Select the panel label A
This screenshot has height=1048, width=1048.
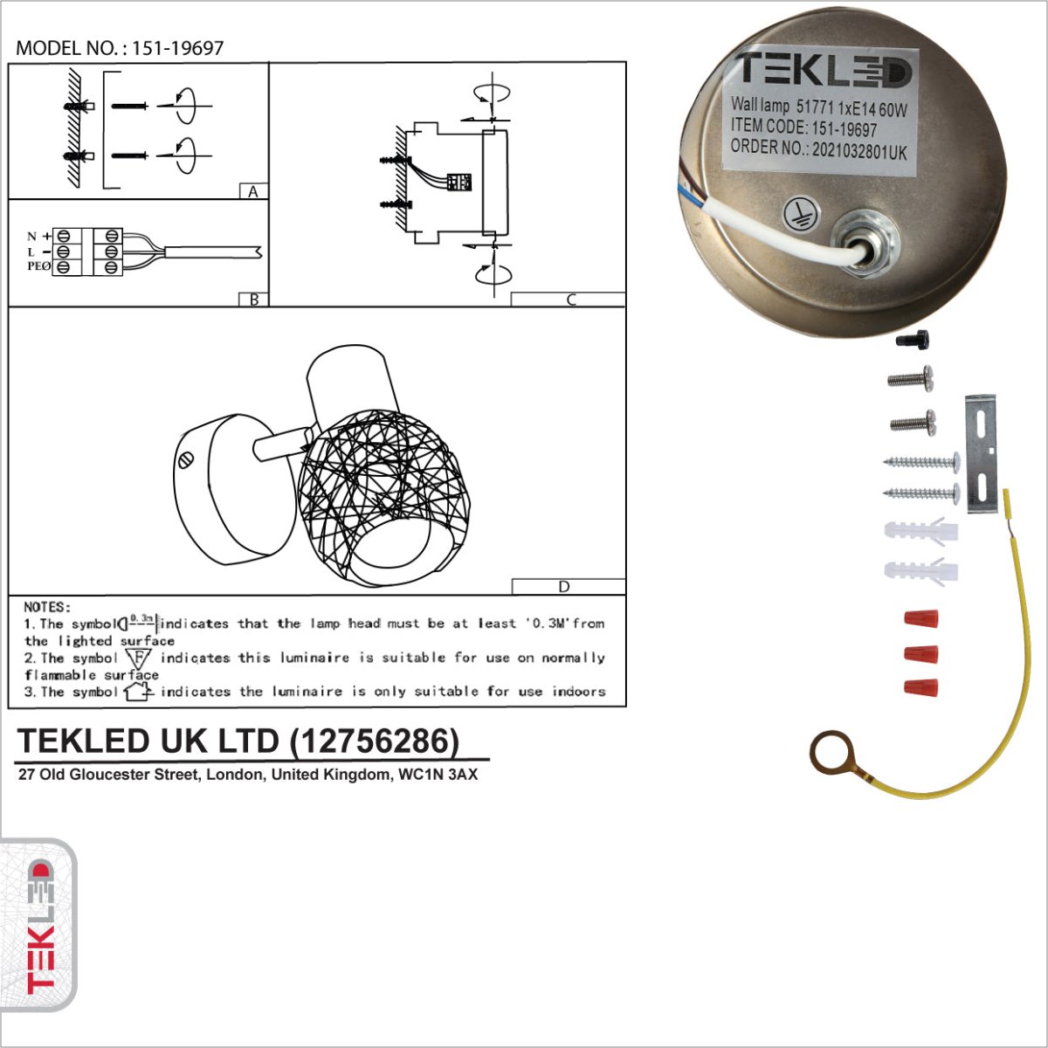point(253,192)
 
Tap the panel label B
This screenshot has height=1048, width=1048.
point(253,300)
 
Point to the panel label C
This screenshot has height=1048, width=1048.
point(570,300)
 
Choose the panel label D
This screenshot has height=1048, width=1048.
point(564,587)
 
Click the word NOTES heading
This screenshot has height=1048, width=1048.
point(47,607)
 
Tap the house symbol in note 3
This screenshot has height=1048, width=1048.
point(138,693)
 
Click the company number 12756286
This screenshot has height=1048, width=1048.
point(375,741)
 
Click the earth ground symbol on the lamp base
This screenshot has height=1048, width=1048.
point(800,214)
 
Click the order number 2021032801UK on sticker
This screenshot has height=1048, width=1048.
point(859,151)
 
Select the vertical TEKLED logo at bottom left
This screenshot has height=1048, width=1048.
point(40,926)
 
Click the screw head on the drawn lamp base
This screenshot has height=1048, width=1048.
point(187,459)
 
